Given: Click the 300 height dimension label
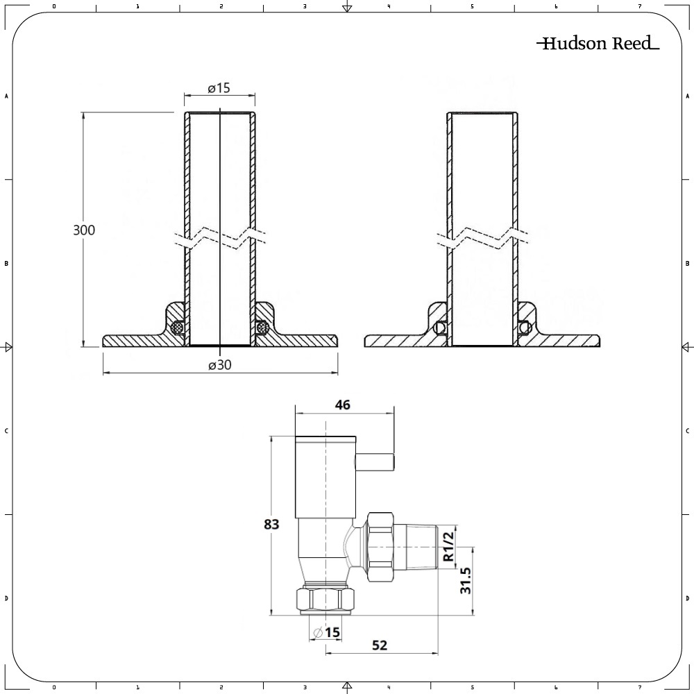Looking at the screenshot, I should coord(84,230).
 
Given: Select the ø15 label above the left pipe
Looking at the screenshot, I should coord(219,88).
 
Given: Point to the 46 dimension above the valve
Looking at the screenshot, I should coord(342,405).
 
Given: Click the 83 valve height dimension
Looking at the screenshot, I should coord(271,525).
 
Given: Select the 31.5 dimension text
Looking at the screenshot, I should coord(466,580).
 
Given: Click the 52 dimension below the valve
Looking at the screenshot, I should coord(379,645).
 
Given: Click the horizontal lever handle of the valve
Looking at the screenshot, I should coord(375,460).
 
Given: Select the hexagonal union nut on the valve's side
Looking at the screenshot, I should coord(380,545).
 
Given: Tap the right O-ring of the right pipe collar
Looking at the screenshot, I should coord(524,327).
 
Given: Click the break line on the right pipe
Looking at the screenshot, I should coord(482,237).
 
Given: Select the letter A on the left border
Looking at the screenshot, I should coord(6,96).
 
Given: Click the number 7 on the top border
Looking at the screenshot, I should coord(639,6).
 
